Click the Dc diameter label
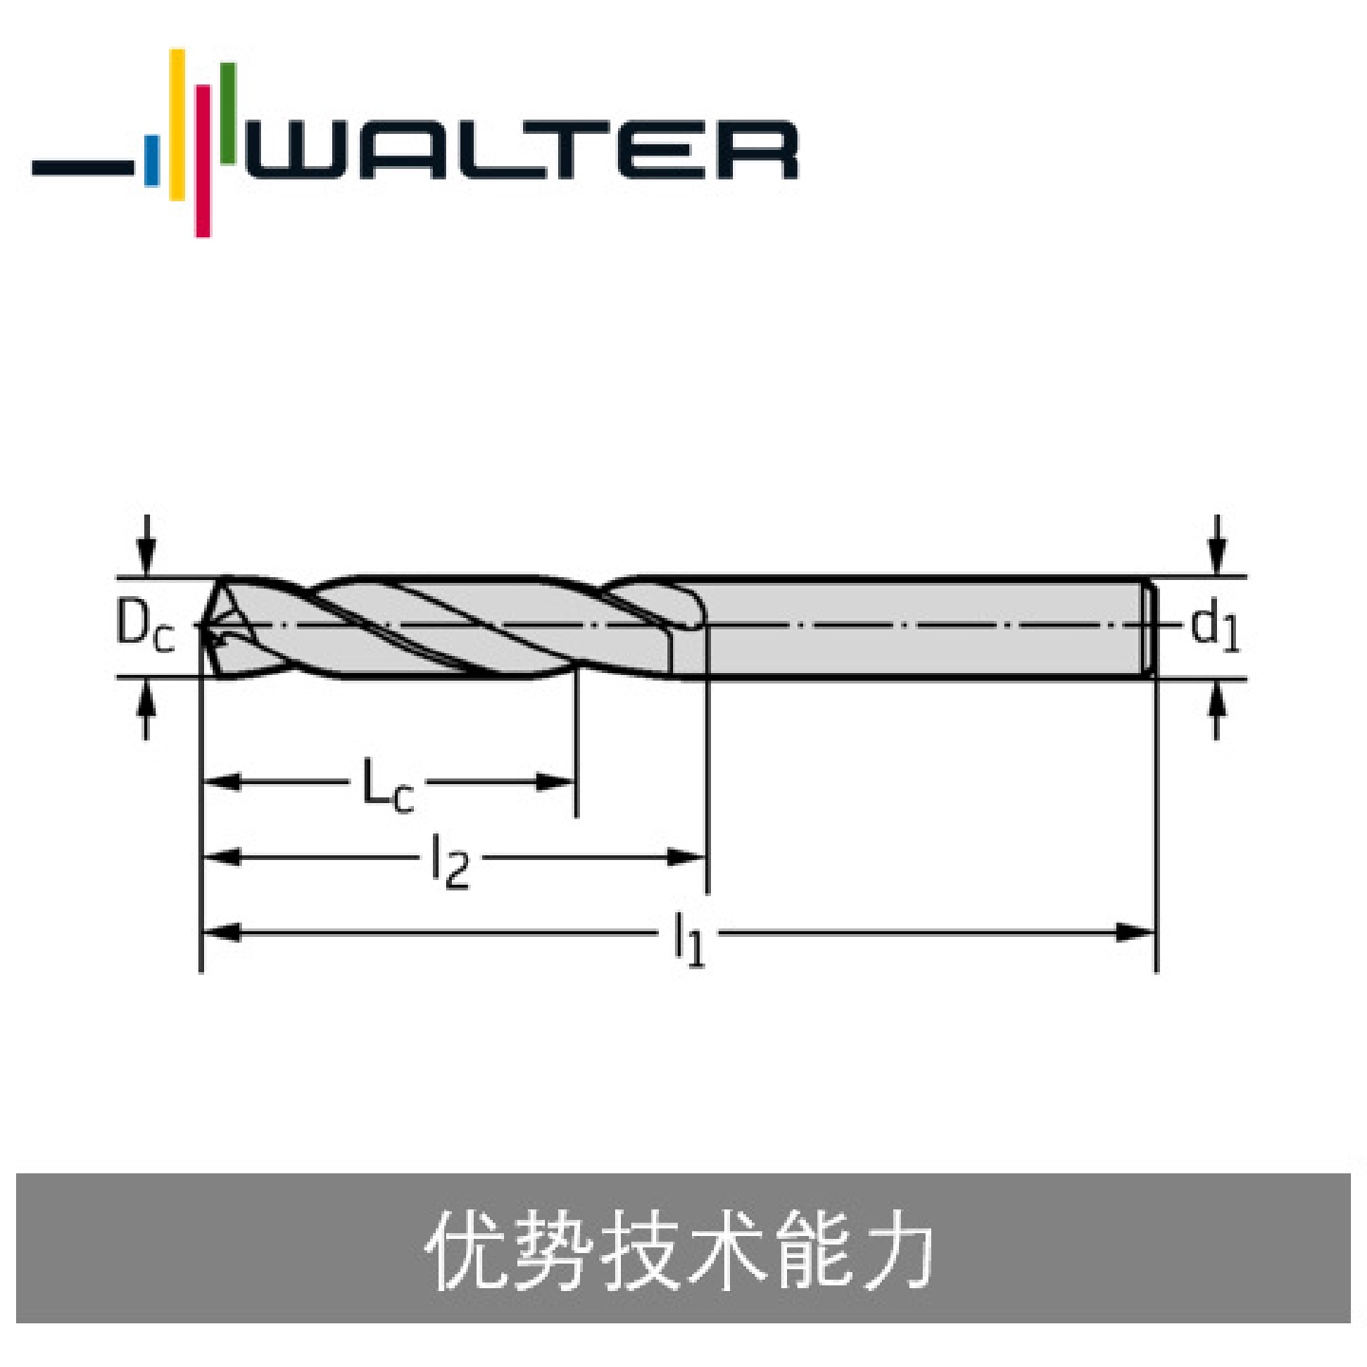pos(144,627)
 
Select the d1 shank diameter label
pos(1214,627)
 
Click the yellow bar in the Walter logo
pos(178,124)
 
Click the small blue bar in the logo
pos(152,160)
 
